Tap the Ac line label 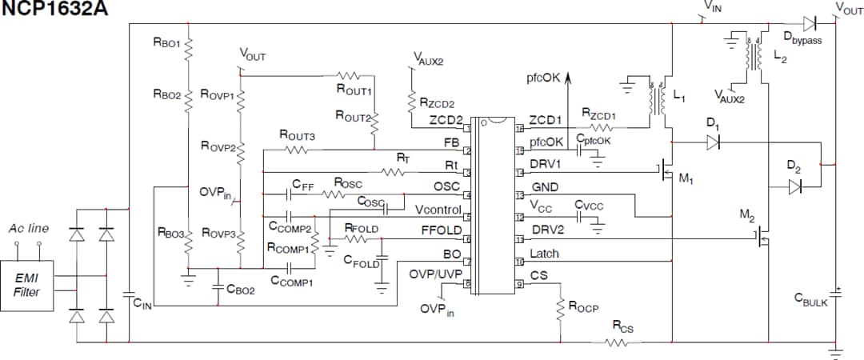[x=29, y=229]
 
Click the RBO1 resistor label [x=166, y=41]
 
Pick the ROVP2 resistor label [x=217, y=147]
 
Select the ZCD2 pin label [x=446, y=120]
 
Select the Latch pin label [x=545, y=254]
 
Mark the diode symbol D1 [x=713, y=142]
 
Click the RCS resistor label [x=623, y=326]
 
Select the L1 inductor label [x=679, y=97]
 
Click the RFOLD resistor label [x=362, y=229]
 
